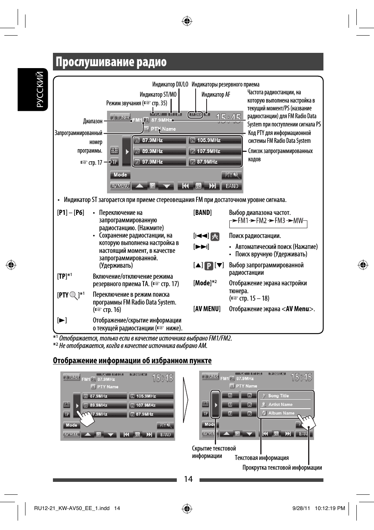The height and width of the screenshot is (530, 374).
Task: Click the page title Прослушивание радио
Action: click(111, 62)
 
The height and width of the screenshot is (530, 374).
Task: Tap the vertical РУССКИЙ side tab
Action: click(40, 89)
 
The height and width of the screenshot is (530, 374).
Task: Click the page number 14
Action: click(188, 479)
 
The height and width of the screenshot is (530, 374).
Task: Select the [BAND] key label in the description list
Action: click(202, 213)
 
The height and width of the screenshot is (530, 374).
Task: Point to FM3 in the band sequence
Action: click(280, 221)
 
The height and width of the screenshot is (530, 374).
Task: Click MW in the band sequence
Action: click(298, 221)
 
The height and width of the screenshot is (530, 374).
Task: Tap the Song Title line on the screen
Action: click(278, 396)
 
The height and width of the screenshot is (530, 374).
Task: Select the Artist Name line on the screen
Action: click(280, 404)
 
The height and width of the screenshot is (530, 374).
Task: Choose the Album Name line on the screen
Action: click(281, 413)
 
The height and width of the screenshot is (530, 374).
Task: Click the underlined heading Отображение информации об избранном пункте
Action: click(132, 361)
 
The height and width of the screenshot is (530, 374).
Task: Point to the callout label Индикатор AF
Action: click(216, 95)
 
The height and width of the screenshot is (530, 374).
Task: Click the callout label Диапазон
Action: click(93, 121)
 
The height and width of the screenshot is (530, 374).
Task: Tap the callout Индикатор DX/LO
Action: click(170, 85)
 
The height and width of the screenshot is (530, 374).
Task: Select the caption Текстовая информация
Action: click(261, 458)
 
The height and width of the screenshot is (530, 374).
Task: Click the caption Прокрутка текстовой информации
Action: click(282, 467)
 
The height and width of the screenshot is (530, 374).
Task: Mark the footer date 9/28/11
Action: click(301, 508)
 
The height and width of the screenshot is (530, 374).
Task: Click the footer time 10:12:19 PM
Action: click(330, 508)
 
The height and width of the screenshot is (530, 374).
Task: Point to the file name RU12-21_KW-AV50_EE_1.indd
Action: click(72, 508)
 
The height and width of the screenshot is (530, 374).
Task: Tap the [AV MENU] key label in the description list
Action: click(207, 309)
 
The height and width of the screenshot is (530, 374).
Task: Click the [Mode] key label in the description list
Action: click(202, 283)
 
